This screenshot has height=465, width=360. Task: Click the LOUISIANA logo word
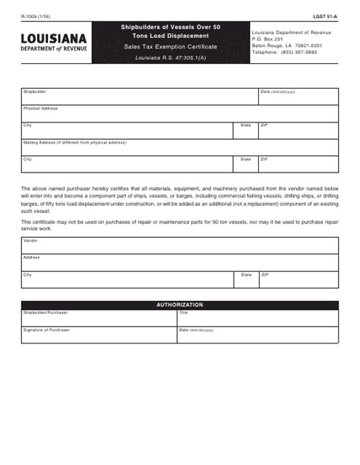click(54, 38)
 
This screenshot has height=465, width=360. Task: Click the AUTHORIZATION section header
click(180, 305)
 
